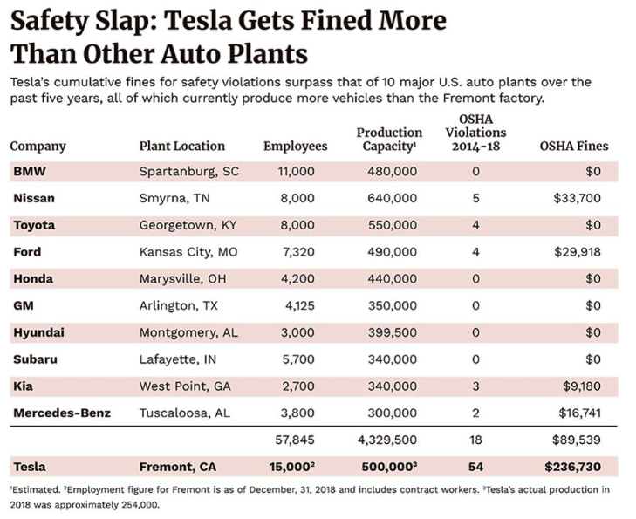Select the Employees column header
coord(295,147)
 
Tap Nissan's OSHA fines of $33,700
coord(577,199)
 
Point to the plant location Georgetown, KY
coord(188,225)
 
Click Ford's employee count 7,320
coord(296,252)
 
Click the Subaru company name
coord(34,359)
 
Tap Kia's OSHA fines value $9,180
coord(581,386)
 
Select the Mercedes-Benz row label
coord(61,412)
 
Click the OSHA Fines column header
coord(574,147)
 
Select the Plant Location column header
coord(181,147)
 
